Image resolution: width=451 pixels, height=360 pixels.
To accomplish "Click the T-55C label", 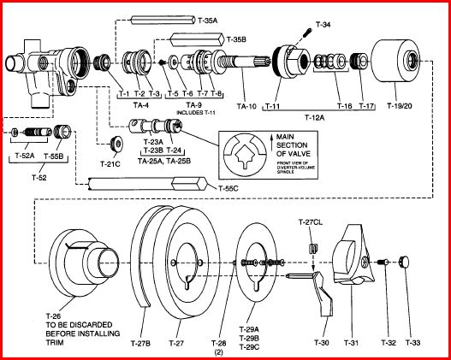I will point(228,187).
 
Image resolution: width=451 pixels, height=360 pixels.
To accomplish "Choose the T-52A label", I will point(26,156).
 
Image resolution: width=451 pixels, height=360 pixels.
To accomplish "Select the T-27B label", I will point(141,343).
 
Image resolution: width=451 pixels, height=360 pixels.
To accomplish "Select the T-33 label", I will point(412,342).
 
